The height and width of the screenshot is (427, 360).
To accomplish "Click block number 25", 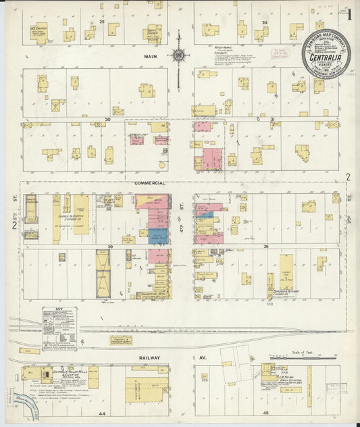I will (x=102, y=22).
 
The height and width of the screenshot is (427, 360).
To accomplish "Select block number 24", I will (x=265, y=22).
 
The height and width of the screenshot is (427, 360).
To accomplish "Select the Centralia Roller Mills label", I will (x=68, y=372).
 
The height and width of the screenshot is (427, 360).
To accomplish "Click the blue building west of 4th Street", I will (x=158, y=236).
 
